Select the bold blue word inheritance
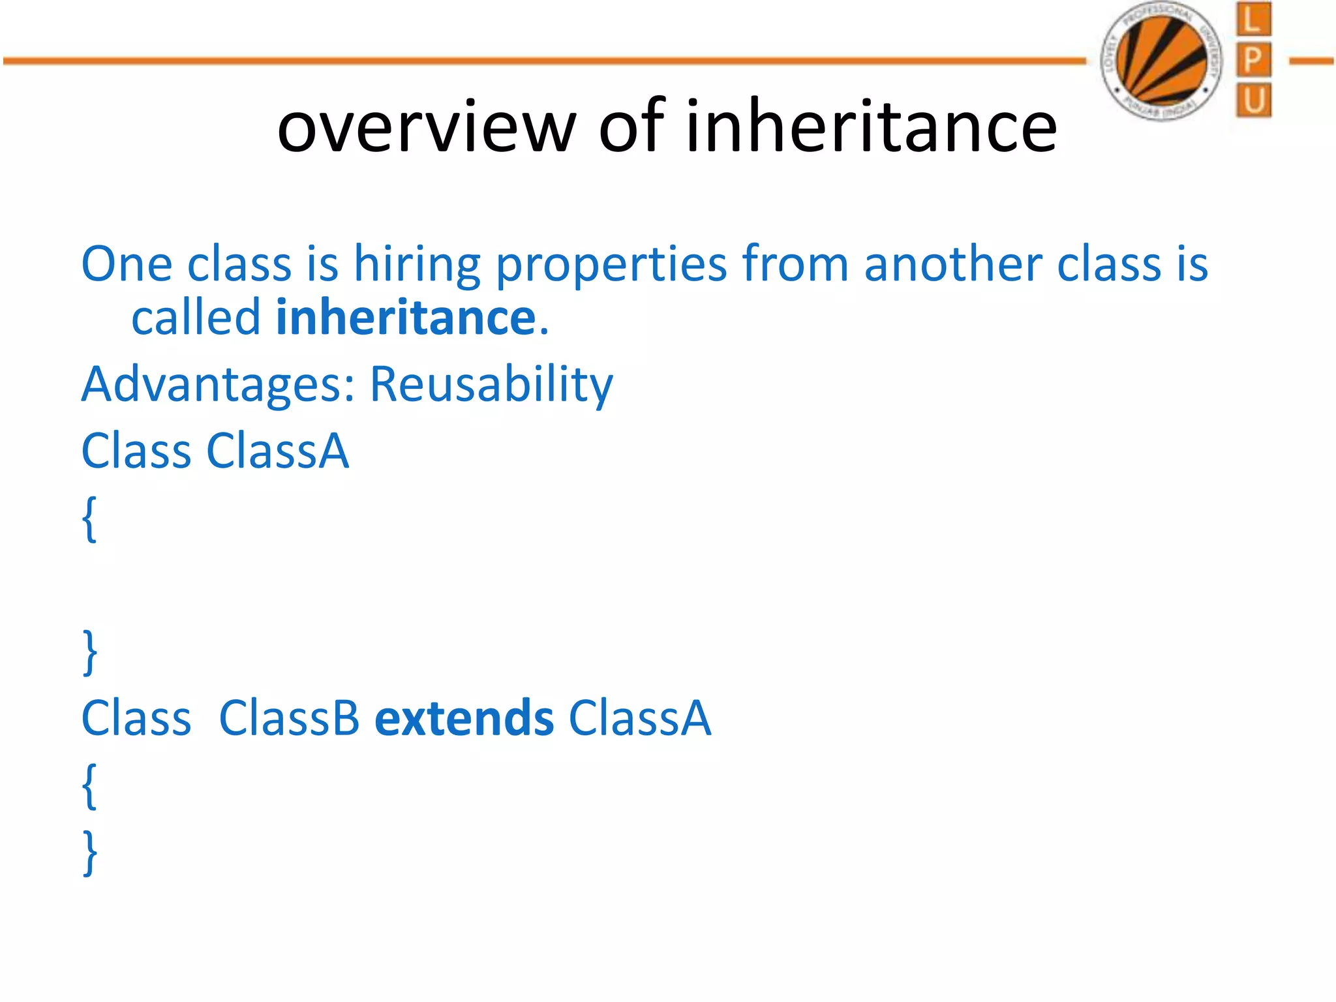click(x=406, y=318)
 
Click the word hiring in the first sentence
click(x=417, y=265)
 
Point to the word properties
click(x=611, y=266)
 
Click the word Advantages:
click(x=218, y=384)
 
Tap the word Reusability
click(x=491, y=385)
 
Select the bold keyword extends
click(x=464, y=718)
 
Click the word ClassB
click(x=289, y=718)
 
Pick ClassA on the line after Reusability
click(x=278, y=451)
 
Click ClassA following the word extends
click(x=639, y=718)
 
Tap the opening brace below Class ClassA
click(x=90, y=519)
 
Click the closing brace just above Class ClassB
click(x=90, y=652)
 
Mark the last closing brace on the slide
click(x=90, y=853)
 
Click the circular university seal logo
click(x=1161, y=60)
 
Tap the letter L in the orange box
click(x=1252, y=20)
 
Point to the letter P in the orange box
click(x=1253, y=60)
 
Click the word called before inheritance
click(x=196, y=318)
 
